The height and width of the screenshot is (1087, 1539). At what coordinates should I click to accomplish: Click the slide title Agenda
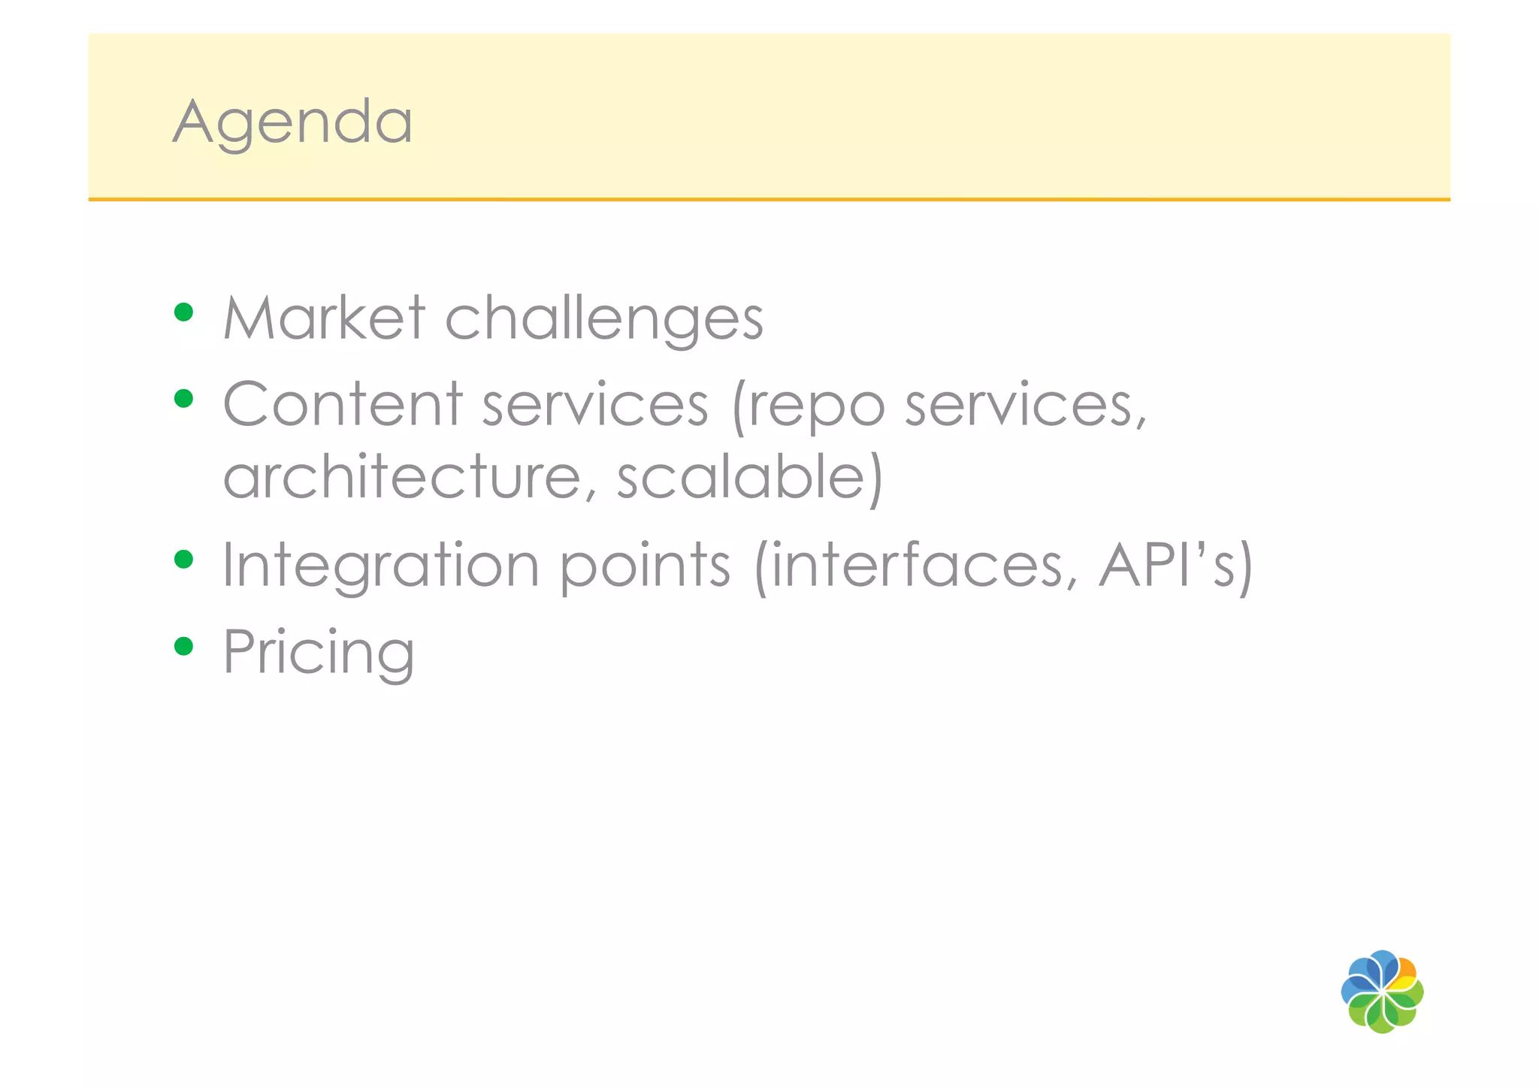pyautogui.click(x=292, y=122)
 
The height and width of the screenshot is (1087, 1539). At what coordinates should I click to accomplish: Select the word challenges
pyautogui.click(x=604, y=318)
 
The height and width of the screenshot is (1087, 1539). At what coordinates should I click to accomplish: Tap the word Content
pyautogui.click(x=343, y=404)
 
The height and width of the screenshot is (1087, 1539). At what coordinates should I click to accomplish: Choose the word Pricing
pyautogui.click(x=319, y=652)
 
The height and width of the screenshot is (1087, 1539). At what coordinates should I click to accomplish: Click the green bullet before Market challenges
pyautogui.click(x=183, y=312)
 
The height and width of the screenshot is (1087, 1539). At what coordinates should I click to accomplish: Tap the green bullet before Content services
pyautogui.click(x=183, y=398)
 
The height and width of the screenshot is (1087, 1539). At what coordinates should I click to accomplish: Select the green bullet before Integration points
pyautogui.click(x=183, y=560)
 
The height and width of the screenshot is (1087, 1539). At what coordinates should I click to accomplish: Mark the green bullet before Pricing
pyautogui.click(x=183, y=646)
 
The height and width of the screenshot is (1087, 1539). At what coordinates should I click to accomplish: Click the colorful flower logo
pyautogui.click(x=1382, y=992)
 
